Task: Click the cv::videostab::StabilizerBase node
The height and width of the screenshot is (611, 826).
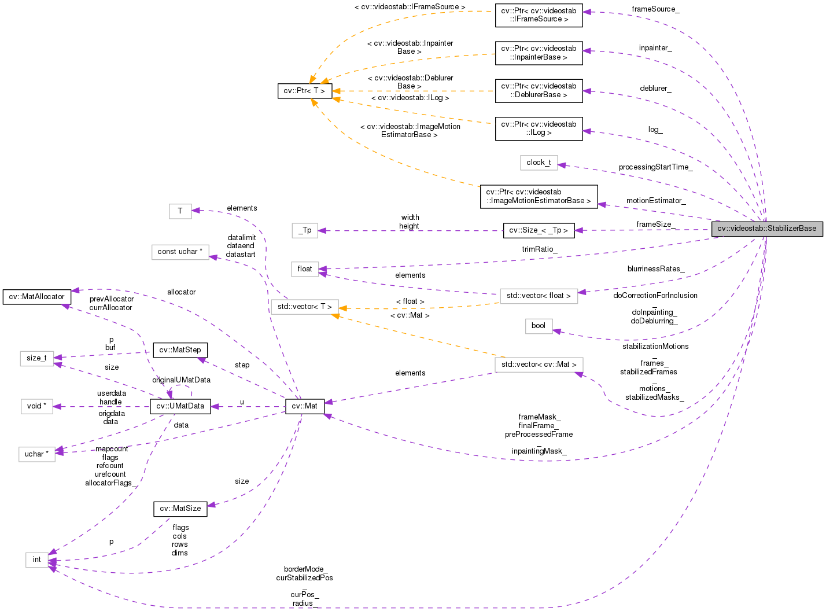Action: tap(766, 229)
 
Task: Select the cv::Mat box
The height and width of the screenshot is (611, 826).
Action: tap(305, 406)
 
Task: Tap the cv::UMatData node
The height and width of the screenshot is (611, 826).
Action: tap(180, 406)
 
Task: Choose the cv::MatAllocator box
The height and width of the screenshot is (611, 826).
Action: tap(37, 297)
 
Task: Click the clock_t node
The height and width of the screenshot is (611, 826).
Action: tap(539, 163)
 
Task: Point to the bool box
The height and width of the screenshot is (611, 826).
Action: tap(539, 326)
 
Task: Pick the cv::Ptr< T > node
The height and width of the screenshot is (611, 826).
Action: tap(305, 91)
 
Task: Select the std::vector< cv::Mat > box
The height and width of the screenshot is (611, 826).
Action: tap(539, 365)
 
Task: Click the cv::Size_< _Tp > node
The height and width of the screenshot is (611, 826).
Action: tap(539, 230)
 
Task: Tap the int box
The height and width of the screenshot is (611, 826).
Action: tap(37, 560)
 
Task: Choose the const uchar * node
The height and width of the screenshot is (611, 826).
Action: tap(180, 252)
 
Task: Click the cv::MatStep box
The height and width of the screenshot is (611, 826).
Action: tap(180, 350)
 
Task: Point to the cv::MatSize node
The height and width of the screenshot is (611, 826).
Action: tap(180, 509)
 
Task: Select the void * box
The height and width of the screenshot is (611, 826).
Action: tap(37, 406)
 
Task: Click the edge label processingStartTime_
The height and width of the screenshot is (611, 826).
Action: tap(655, 167)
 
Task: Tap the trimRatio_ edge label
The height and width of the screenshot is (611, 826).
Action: tap(539, 249)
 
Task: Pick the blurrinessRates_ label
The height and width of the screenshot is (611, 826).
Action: tap(656, 269)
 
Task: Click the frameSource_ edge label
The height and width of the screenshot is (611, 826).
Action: tap(655, 9)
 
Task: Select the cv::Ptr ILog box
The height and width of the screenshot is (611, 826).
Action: tap(539, 128)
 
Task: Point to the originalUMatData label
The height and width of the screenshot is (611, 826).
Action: tap(181, 380)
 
